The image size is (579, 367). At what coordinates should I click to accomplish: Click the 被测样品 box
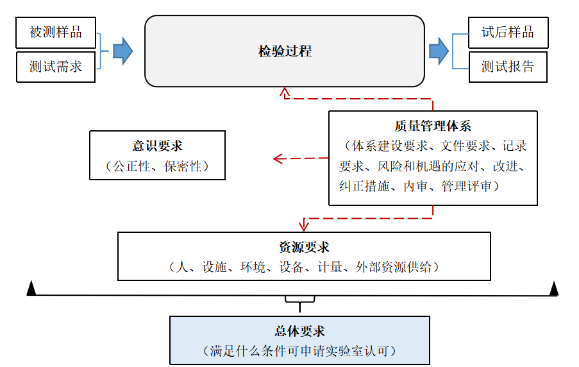(x=56, y=32)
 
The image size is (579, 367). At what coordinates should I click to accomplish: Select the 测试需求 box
(x=56, y=67)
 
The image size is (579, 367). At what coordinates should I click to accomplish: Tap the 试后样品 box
(x=508, y=32)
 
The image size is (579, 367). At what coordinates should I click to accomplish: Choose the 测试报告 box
(x=508, y=67)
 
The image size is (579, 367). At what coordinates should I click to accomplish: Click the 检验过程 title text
(x=285, y=51)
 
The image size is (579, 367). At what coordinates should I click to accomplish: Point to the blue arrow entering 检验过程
(x=122, y=51)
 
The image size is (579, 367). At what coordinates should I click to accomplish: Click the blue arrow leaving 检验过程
(x=439, y=51)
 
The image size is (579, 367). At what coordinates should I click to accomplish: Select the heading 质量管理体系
(x=433, y=126)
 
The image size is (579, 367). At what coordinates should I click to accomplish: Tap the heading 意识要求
(x=157, y=146)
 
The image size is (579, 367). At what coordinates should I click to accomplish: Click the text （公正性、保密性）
(x=157, y=166)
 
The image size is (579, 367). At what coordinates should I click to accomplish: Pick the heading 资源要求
(x=304, y=247)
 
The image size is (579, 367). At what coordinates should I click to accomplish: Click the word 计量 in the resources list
(x=330, y=267)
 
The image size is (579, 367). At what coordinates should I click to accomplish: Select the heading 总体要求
(x=299, y=331)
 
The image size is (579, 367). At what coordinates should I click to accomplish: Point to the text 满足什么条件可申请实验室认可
(x=299, y=351)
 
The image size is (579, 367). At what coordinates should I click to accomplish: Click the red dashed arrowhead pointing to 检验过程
(x=285, y=93)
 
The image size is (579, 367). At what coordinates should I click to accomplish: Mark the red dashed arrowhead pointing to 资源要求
(x=304, y=225)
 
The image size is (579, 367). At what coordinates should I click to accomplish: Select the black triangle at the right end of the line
(x=553, y=289)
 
